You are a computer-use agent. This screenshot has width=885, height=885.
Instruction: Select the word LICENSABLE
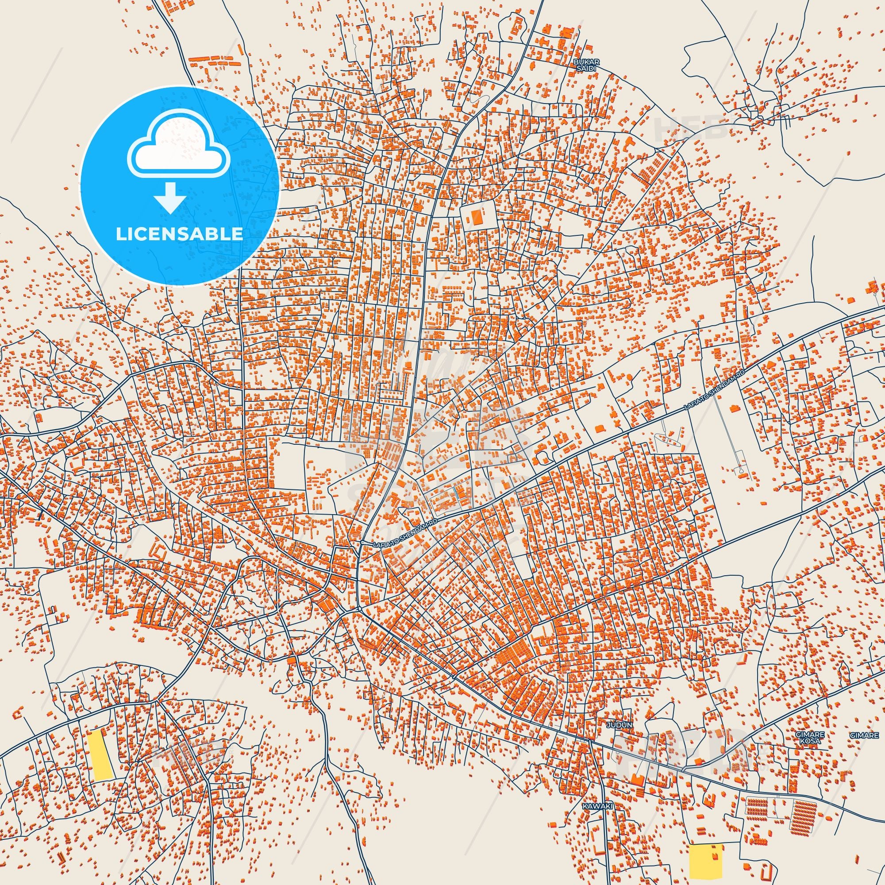(179, 234)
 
